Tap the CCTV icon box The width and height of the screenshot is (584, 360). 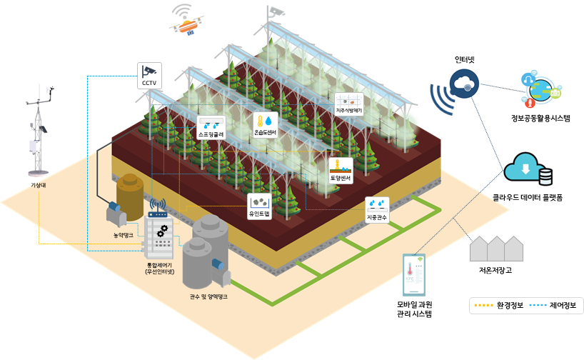pyautogui.click(x=149, y=74)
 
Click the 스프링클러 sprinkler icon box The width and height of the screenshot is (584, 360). pyautogui.click(x=211, y=126)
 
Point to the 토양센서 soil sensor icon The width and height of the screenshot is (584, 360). pyautogui.click(x=341, y=169)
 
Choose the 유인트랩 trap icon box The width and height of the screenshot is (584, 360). pyautogui.click(x=259, y=206)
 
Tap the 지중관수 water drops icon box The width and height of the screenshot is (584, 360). pyautogui.click(x=376, y=209)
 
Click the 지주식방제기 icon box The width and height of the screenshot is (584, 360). pyautogui.click(x=349, y=104)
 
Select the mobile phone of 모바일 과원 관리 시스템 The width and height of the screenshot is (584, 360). pyautogui.click(x=414, y=276)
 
